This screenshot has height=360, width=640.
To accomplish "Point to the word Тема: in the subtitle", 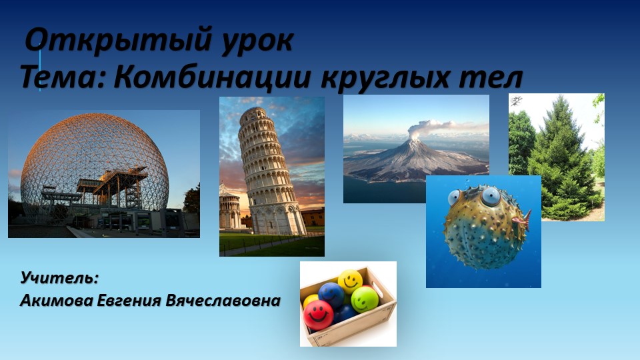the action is [x=63, y=77].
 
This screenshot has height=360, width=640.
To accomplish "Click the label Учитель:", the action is [x=59, y=277].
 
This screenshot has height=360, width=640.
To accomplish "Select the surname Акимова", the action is [x=56, y=301].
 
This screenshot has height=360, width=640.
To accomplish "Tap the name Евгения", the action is [x=129, y=301].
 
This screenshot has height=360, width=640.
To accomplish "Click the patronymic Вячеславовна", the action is [x=223, y=301].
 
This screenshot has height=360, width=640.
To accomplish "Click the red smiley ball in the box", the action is [x=318, y=315].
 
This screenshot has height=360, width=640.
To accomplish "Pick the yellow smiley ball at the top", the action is [x=350, y=281].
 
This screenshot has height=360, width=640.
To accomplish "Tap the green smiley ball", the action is [x=365, y=299].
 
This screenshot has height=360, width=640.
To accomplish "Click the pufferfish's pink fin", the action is [x=522, y=219].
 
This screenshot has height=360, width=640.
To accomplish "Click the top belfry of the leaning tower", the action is [x=253, y=116].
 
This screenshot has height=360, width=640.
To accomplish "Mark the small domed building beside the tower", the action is [x=230, y=207].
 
